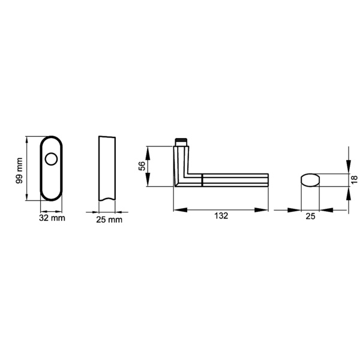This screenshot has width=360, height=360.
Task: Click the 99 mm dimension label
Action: (20, 170)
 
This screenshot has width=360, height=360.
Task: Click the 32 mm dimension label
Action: (52, 218)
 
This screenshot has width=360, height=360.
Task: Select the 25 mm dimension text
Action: (109, 220)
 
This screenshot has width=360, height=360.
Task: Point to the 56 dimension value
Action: (142, 166)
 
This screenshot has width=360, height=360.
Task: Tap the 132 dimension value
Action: (221, 216)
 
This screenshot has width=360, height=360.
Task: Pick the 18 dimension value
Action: (354, 179)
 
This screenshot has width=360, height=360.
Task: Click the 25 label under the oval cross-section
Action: (310, 216)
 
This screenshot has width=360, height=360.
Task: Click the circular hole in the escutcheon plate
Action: (51, 159)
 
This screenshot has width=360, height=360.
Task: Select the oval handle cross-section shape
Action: (310, 180)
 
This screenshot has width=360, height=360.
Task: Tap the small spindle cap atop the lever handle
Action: (181, 142)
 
